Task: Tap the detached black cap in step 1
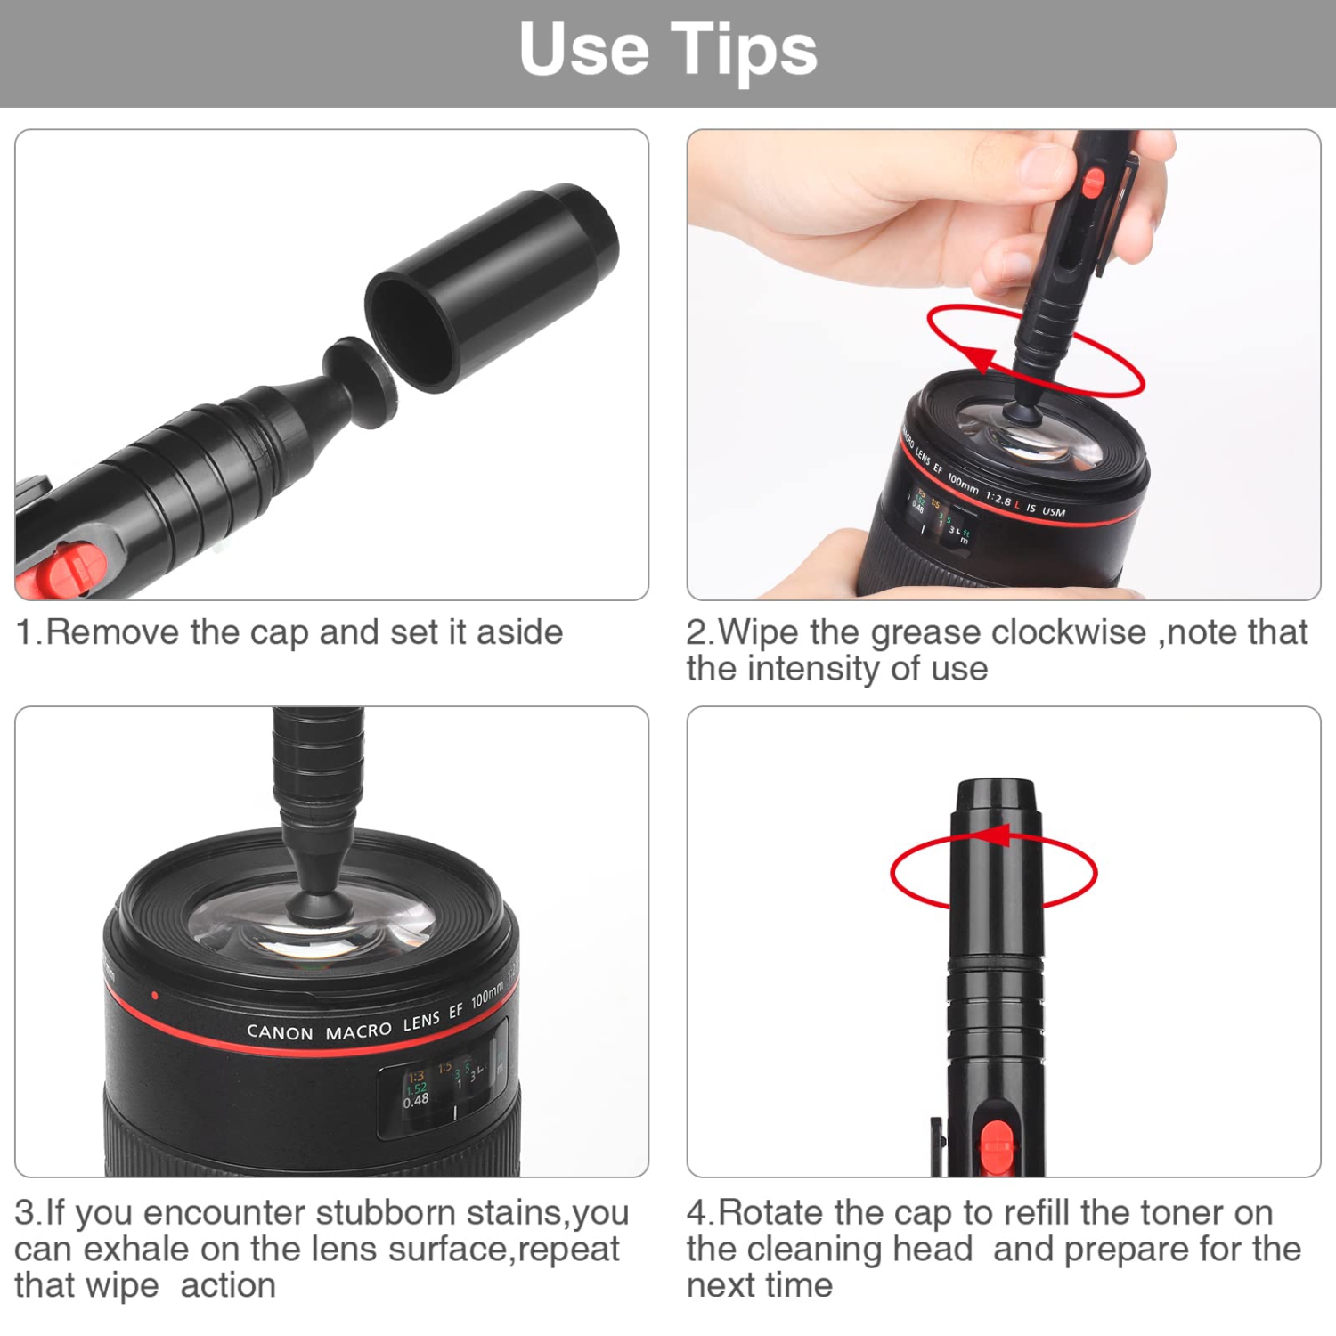[492, 287]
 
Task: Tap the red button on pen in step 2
[1093, 183]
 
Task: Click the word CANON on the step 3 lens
[280, 1032]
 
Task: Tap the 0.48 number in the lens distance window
[415, 1101]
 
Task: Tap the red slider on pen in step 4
[996, 1145]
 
